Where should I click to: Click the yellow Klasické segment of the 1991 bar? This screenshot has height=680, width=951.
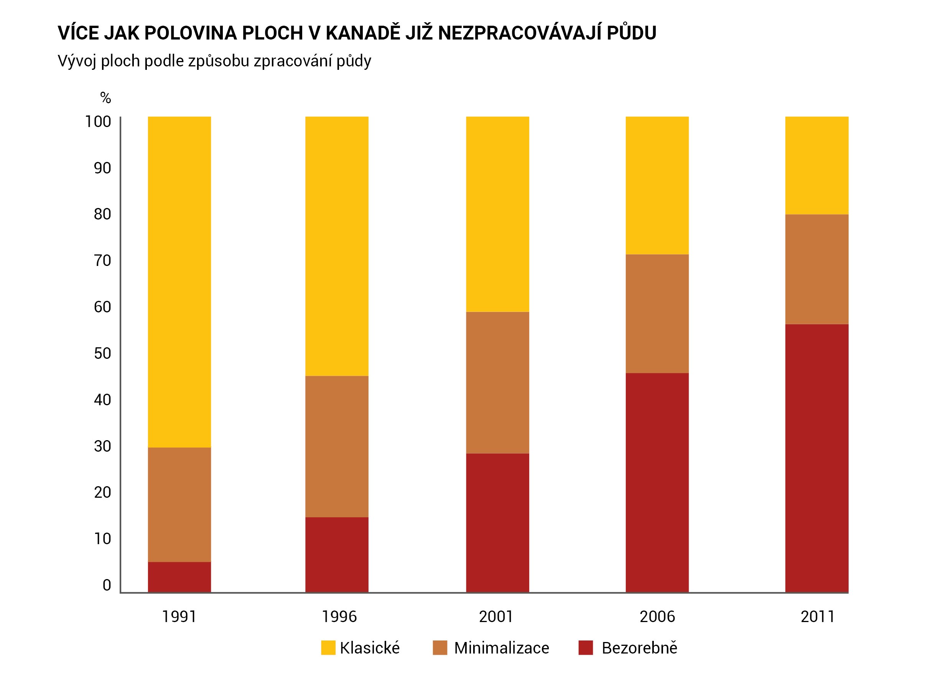tap(179, 281)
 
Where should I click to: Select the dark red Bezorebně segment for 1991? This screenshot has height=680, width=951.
tap(179, 577)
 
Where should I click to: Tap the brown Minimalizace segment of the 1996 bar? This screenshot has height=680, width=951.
tap(336, 446)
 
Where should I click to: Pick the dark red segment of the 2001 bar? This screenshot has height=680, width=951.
tap(497, 523)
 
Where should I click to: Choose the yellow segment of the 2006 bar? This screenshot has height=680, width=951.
tap(657, 185)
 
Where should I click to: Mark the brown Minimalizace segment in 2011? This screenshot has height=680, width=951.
tap(816, 269)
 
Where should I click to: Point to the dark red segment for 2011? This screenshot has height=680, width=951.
tap(816, 458)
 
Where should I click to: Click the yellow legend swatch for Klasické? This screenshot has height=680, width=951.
tap(328, 648)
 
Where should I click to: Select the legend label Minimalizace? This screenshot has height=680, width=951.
tap(501, 648)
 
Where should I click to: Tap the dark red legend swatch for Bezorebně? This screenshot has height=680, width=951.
tap(585, 648)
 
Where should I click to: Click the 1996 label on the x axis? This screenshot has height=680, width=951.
tap(339, 617)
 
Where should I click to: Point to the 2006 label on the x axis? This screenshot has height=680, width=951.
tap(657, 617)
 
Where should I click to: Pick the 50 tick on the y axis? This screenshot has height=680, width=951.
tap(102, 353)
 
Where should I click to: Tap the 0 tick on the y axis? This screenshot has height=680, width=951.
tap(107, 585)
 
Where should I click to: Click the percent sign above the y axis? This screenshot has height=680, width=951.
tap(105, 98)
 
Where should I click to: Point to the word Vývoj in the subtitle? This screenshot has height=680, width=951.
tap(77, 61)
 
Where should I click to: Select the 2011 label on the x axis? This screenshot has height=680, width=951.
tap(817, 617)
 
